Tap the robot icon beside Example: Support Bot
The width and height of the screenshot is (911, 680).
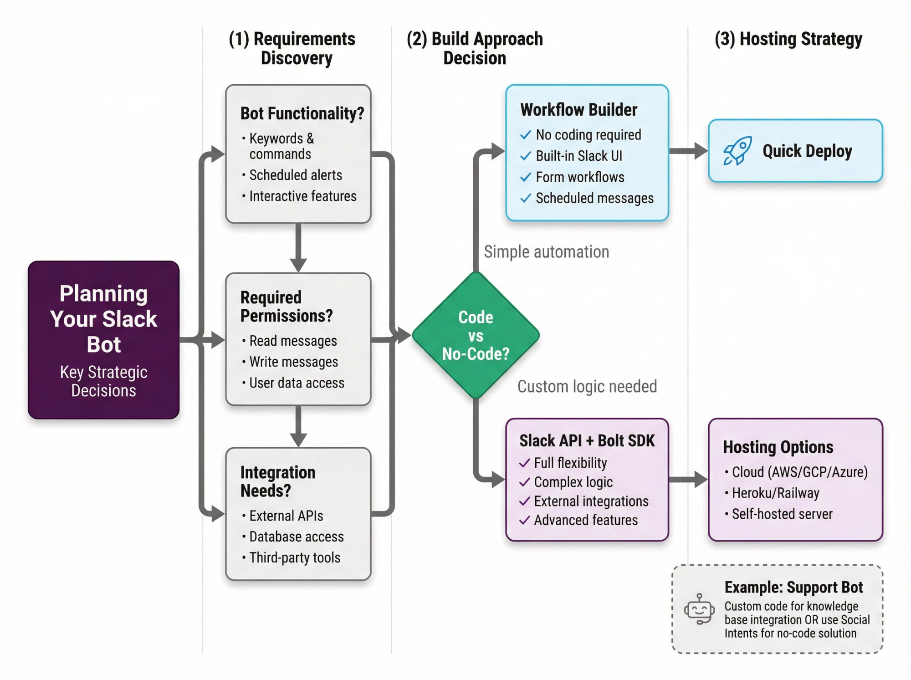click(x=699, y=609)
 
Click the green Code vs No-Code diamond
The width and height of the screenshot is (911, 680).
click(x=476, y=336)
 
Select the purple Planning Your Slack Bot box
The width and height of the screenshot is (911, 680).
click(x=104, y=340)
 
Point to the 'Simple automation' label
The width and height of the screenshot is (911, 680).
click(x=546, y=252)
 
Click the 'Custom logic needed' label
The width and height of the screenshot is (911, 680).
click(x=587, y=387)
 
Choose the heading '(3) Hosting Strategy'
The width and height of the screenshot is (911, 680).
click(x=788, y=39)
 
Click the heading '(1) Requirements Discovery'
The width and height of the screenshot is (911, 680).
click(x=292, y=48)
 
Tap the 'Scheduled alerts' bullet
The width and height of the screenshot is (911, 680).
click(x=295, y=175)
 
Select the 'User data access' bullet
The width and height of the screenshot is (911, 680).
click(x=297, y=383)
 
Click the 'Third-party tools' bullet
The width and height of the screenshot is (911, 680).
click(x=295, y=557)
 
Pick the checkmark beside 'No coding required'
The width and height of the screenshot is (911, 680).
click(x=526, y=135)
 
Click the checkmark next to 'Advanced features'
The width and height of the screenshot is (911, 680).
click(x=525, y=520)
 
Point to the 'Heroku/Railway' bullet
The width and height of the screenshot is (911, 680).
click(x=775, y=493)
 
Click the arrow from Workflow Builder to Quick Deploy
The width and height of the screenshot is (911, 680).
click(x=688, y=151)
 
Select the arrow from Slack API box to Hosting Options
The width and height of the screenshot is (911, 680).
click(x=688, y=479)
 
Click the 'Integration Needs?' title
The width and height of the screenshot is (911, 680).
click(x=277, y=481)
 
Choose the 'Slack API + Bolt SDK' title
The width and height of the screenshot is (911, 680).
click(x=587, y=441)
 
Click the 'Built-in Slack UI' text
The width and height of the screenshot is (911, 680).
click(x=578, y=156)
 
